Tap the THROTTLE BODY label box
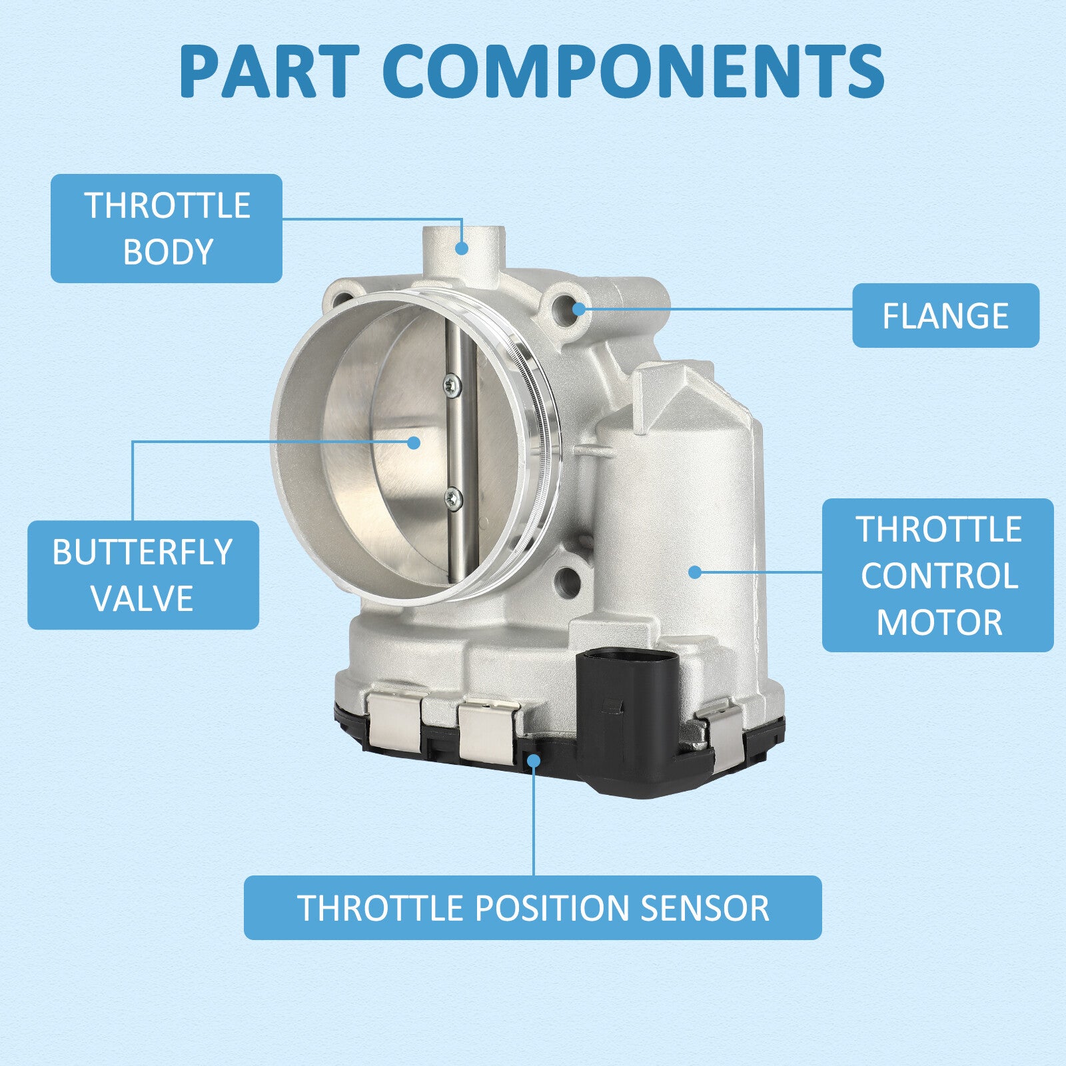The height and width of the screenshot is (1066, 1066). click(167, 229)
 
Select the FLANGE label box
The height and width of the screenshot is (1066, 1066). click(945, 316)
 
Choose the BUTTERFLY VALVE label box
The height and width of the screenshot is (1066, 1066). click(143, 575)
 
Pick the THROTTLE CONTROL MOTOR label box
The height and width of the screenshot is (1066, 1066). click(938, 575)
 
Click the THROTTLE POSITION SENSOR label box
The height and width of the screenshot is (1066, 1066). click(533, 907)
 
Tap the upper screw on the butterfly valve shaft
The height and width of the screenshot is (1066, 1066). click(452, 384)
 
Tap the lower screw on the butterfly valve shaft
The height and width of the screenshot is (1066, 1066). click(453, 496)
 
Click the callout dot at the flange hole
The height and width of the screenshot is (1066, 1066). click(579, 308)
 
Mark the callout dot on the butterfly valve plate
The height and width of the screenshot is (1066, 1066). click(414, 442)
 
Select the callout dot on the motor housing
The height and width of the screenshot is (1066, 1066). click(695, 572)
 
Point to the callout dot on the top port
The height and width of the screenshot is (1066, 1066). click(462, 249)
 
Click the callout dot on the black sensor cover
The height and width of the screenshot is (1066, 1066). click(534, 760)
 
